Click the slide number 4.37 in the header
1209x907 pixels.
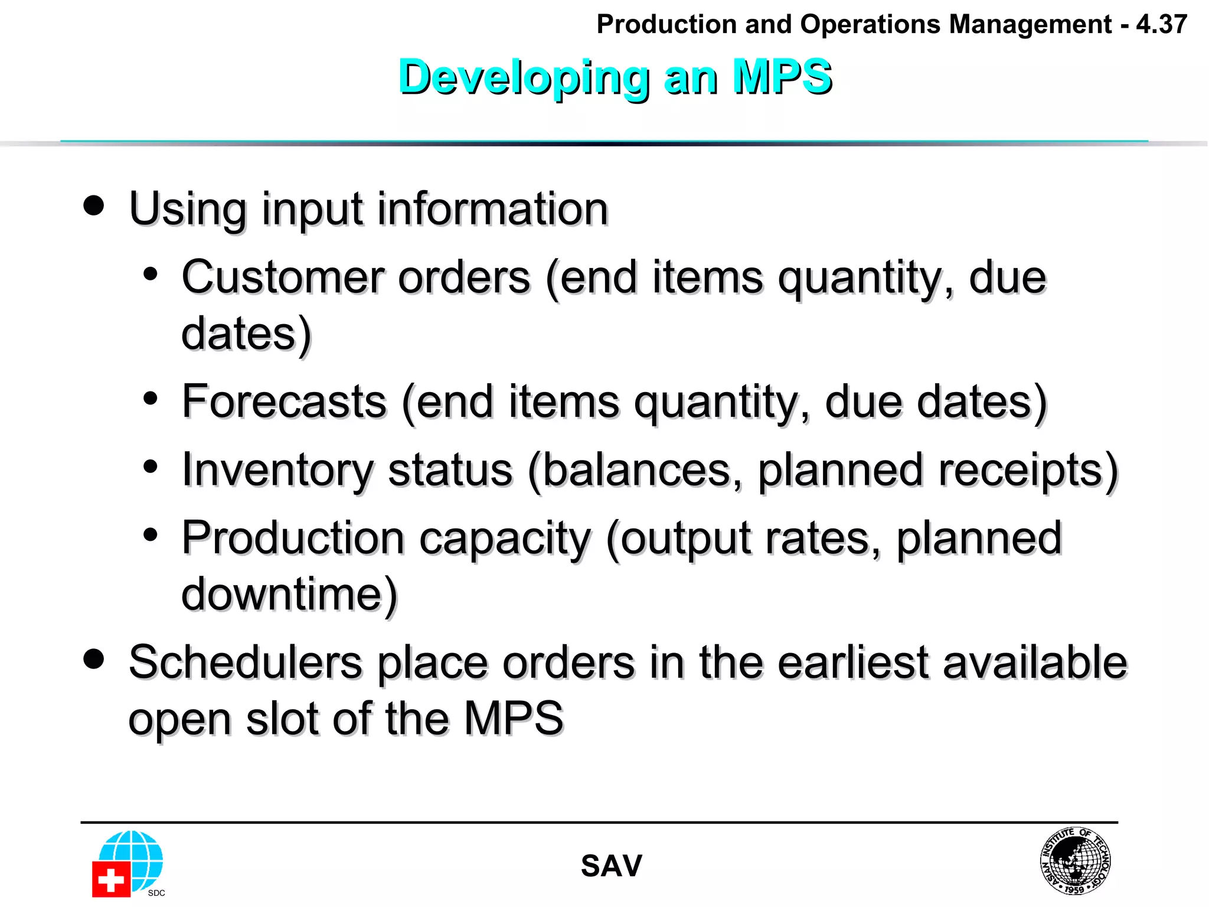coord(1161,25)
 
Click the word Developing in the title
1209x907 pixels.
coord(523,77)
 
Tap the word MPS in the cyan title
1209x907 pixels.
coord(782,77)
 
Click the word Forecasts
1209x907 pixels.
coord(284,402)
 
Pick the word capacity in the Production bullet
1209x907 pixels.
coord(505,539)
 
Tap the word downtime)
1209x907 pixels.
coord(290,594)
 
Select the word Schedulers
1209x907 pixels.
coord(245,663)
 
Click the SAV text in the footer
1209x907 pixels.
coord(611,866)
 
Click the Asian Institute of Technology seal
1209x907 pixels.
coord(1075,860)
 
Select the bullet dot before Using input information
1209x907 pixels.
coord(94,206)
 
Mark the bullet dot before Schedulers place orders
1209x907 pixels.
coord(94,658)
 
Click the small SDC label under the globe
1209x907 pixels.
coord(156,893)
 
